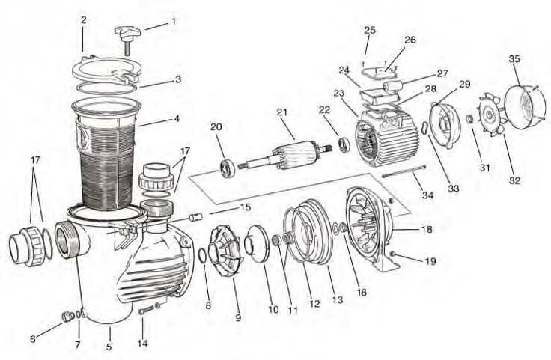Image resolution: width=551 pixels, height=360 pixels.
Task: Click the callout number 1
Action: (174, 22)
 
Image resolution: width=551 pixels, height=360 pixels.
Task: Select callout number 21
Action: (281, 112)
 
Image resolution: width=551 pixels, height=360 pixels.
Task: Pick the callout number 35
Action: (514, 58)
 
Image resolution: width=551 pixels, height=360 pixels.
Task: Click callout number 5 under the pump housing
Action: (109, 347)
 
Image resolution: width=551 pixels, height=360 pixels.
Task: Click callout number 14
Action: (143, 344)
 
